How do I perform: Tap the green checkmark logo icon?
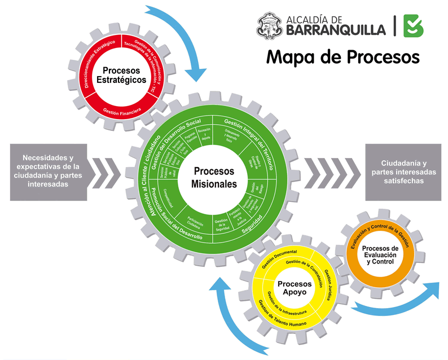coord(414,26)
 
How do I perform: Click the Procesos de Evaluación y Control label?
coord(380,255)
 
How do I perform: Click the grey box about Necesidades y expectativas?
coord(49,171)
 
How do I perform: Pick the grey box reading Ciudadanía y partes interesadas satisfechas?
coord(404,172)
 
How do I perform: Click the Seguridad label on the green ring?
coord(252,231)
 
